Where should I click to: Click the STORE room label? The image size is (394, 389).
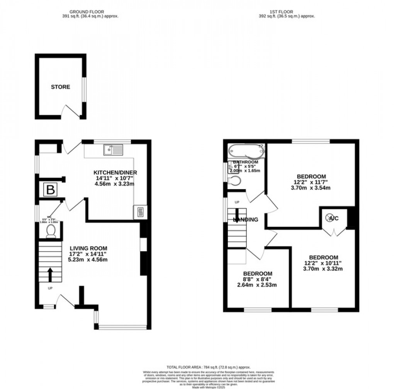[x=61, y=87]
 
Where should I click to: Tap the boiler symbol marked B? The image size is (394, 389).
[x=49, y=190]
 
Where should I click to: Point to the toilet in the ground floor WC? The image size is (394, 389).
[x=51, y=231]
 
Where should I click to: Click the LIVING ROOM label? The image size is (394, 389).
[x=88, y=248]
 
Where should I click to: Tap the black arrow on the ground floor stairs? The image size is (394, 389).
[x=50, y=274]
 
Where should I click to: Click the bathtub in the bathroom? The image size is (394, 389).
[x=246, y=151]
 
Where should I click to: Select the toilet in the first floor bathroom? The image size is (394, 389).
[x=234, y=181]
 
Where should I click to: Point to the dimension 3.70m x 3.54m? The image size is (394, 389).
[x=312, y=188]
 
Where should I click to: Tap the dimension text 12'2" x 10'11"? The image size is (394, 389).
[x=323, y=263]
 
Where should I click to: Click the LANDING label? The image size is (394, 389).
[x=245, y=220]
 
